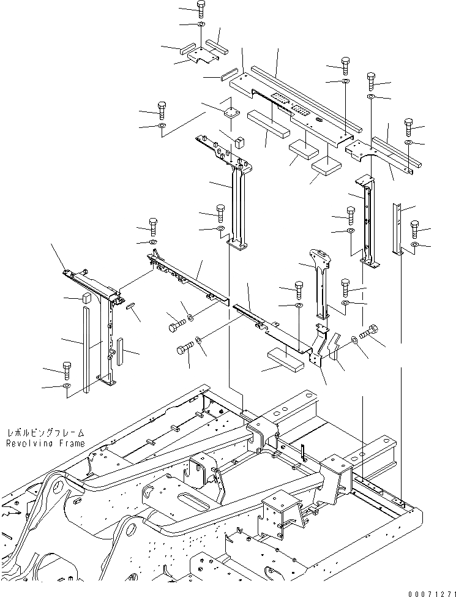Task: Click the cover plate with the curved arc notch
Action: (x=370, y=152)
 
